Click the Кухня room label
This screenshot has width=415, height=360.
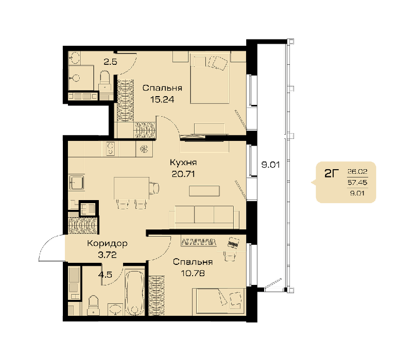coord(183,163)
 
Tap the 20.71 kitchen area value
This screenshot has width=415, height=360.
coord(183,174)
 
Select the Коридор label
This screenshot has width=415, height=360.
coord(107,243)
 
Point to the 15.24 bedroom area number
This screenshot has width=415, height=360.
coord(162,100)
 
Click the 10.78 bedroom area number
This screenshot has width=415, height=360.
coord(193,273)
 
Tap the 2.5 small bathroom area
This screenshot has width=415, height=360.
coord(110,62)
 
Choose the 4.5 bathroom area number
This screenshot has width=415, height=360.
coord(105,275)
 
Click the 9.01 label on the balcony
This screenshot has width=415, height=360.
coord(270,165)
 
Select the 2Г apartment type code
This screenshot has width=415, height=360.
coord(332,174)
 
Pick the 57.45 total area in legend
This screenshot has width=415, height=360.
coord(357,183)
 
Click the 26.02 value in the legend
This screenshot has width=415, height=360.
coord(357,172)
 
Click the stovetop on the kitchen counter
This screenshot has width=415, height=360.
coord(110,149)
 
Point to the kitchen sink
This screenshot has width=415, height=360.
coord(77,183)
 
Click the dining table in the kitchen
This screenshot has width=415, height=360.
coord(131,188)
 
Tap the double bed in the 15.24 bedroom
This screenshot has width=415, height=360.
coord(210,79)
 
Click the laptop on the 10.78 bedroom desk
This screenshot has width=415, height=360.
coord(233,242)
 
